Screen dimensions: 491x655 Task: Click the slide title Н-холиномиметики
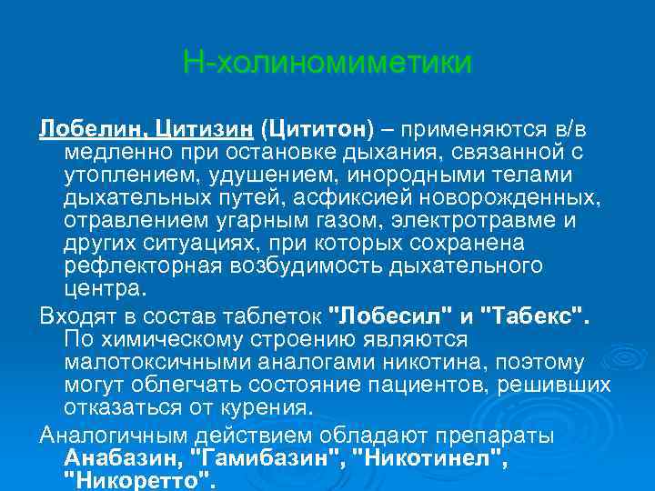327,63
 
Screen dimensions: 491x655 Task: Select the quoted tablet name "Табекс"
538,316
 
